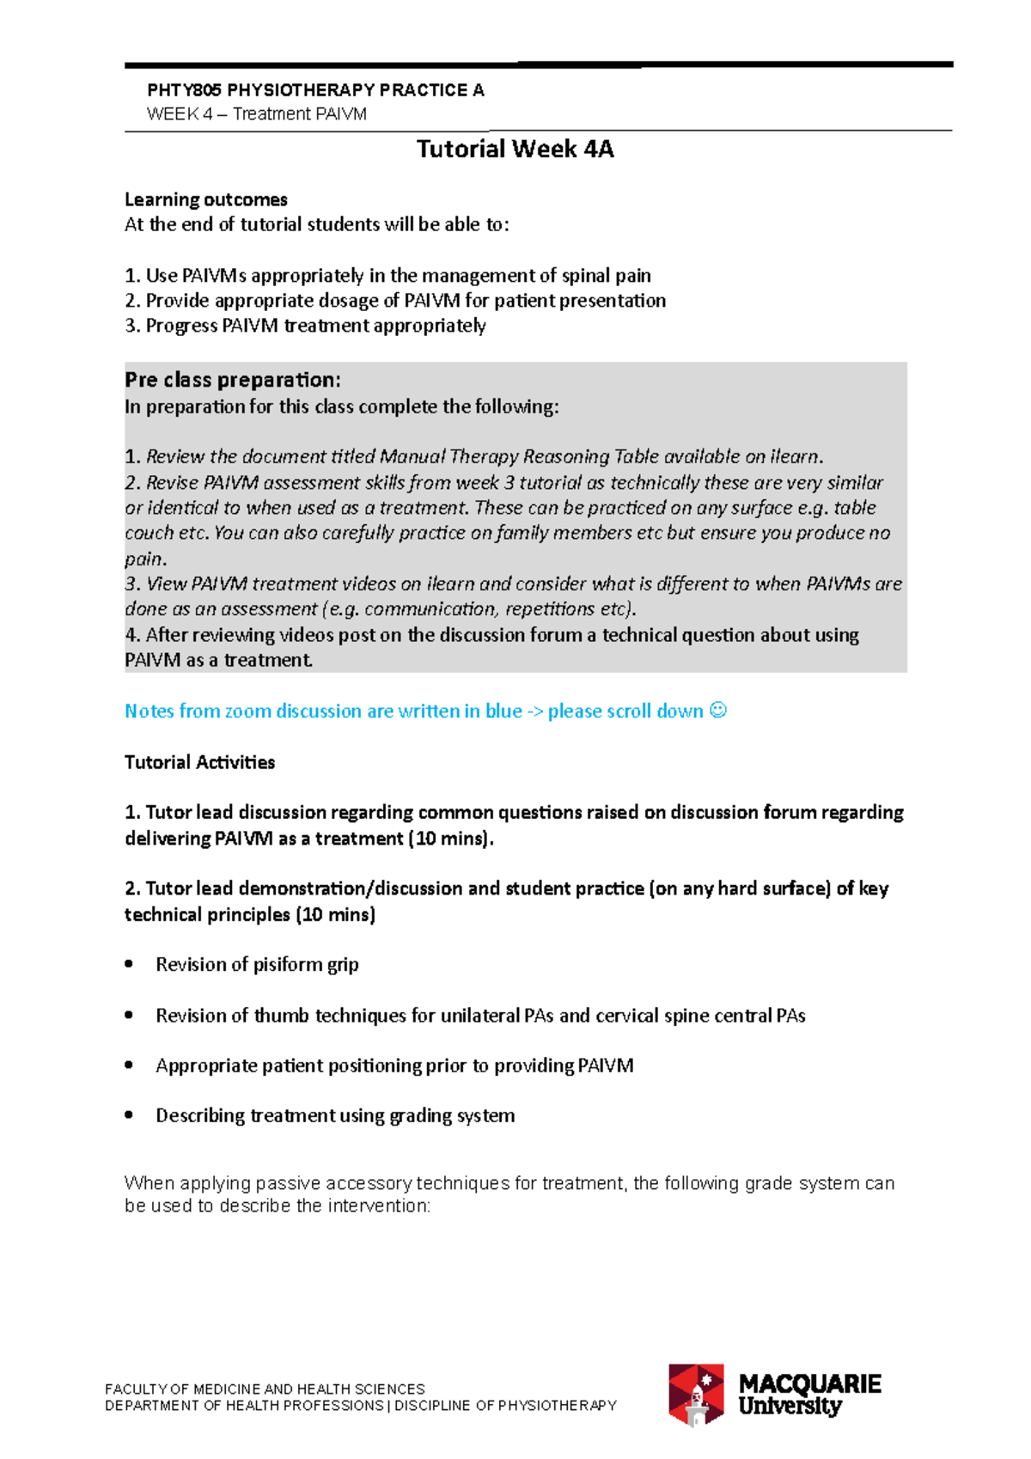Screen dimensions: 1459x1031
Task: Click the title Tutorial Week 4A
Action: tap(515, 150)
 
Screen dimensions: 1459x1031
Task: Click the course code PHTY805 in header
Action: tap(184, 90)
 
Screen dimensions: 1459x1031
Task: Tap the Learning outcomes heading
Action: tap(206, 199)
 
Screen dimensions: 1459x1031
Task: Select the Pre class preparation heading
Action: tap(233, 380)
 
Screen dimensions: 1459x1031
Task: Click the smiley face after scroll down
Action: tap(719, 711)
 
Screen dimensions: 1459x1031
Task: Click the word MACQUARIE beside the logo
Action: tap(809, 1383)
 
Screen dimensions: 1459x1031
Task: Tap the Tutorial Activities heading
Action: tap(199, 762)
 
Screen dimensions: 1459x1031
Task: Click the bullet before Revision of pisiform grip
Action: tap(129, 964)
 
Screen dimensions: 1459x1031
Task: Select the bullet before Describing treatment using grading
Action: tap(129, 1115)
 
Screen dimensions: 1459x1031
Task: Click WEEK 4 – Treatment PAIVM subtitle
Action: tap(257, 114)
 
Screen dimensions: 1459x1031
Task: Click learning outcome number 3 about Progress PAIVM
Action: tap(305, 326)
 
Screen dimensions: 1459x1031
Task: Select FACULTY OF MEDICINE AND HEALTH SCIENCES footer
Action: tap(265, 1389)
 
